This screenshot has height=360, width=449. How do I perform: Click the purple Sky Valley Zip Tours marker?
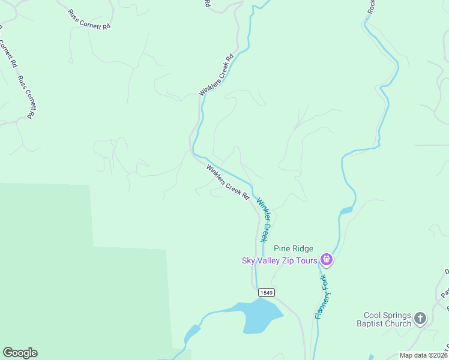[x=326, y=259]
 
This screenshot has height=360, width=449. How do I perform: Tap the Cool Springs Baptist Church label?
[x=388, y=319]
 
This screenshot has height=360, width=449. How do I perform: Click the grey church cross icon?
[x=420, y=318]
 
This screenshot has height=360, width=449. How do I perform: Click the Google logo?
[x=20, y=353]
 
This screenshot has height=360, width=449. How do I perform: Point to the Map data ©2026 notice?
[x=424, y=355]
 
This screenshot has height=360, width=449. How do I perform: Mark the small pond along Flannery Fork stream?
[x=346, y=211]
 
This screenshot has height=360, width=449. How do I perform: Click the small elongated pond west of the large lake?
[x=192, y=332]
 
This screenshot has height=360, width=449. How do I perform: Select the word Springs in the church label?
[x=397, y=315]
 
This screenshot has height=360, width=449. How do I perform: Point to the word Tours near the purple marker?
[x=307, y=260]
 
